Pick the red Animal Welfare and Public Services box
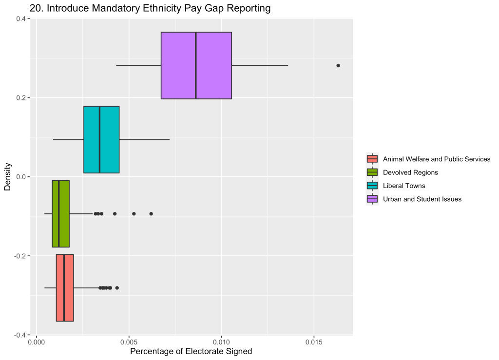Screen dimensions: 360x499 (x=69, y=287)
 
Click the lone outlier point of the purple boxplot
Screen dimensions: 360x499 (x=338, y=65)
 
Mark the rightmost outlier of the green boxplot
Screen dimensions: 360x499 (x=151, y=213)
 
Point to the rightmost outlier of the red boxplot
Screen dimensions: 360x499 (x=117, y=287)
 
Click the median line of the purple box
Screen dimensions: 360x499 (x=196, y=65)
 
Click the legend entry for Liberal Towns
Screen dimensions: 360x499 (x=404, y=186)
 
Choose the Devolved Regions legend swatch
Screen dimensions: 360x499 (x=372, y=172)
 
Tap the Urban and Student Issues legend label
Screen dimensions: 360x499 (x=422, y=199)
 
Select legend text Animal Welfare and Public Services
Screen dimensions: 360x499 (x=437, y=159)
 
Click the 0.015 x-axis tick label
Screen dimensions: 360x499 (x=314, y=342)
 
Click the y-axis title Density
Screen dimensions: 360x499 (x=8, y=176)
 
